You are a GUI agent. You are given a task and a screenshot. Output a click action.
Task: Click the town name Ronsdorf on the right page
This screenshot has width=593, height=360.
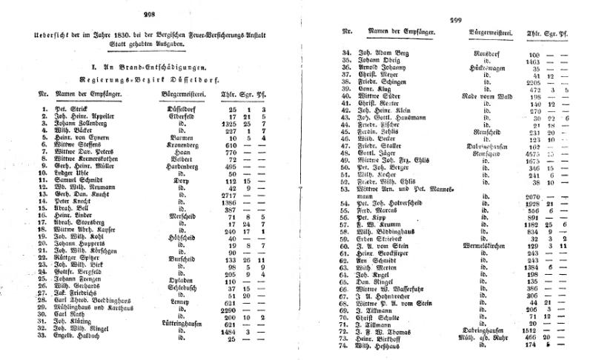click(x=490, y=54)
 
